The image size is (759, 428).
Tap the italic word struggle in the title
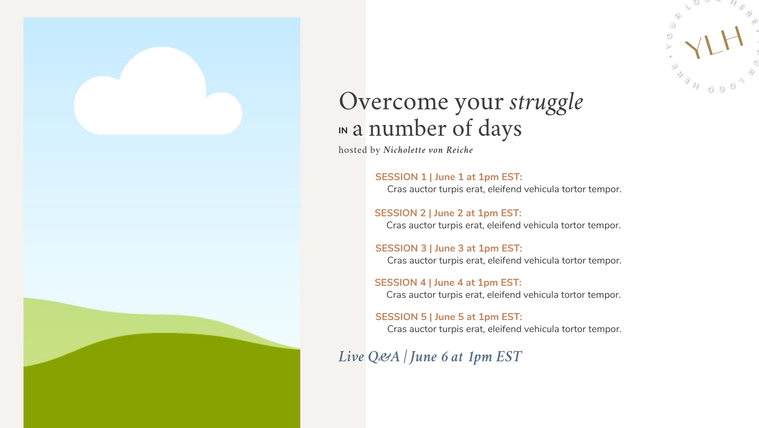[546, 102]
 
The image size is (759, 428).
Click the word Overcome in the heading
[393, 101]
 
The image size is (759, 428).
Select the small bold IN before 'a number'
[343, 131]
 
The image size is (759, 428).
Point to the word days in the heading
[500, 129]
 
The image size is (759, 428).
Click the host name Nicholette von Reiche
[428, 150]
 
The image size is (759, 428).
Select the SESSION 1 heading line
[448, 177]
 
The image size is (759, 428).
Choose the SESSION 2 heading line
[448, 213]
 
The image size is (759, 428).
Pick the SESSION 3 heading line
[448, 248]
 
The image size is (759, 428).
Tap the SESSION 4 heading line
[448, 283]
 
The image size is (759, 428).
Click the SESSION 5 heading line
[448, 317]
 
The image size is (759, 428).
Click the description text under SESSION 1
[504, 189]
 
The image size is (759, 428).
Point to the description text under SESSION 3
[504, 260]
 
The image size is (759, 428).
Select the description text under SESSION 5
[504, 329]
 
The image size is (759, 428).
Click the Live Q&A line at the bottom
[430, 357]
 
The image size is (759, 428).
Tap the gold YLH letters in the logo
[714, 43]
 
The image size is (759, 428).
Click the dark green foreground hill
[162, 383]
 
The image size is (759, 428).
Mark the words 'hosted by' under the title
[359, 150]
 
